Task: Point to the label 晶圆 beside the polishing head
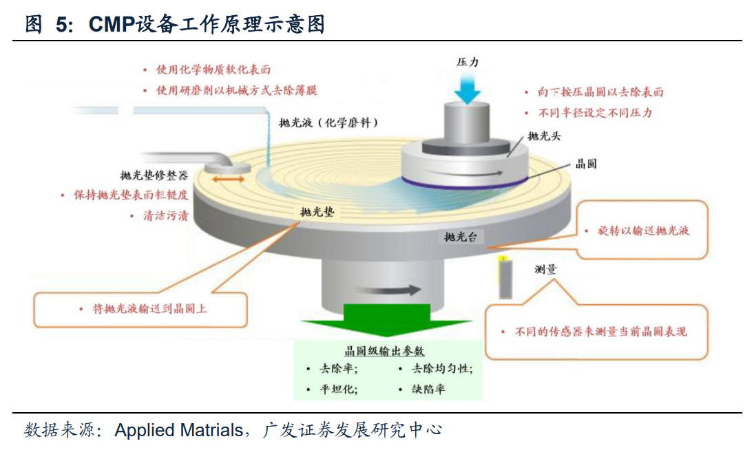586,164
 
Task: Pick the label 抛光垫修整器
154,175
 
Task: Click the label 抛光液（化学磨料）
329,123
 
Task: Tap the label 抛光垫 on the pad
317,212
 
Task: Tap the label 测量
545,269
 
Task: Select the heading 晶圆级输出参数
385,351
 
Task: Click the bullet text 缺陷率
428,389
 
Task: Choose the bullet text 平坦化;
337,389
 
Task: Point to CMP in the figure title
112,25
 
